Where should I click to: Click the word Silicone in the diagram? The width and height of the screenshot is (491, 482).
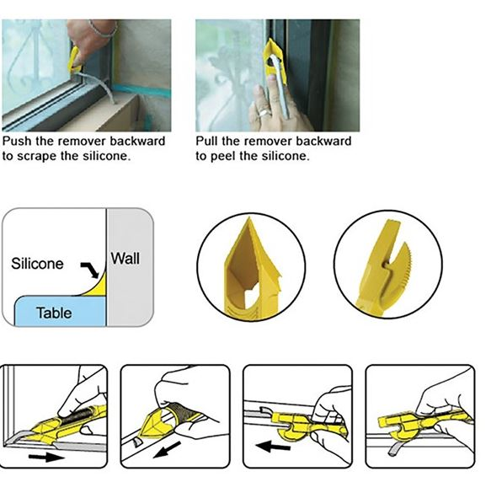37,264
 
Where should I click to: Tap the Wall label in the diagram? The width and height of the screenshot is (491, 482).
125,259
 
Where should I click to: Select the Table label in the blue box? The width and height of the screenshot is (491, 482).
54,313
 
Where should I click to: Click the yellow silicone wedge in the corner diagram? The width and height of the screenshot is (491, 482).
99,287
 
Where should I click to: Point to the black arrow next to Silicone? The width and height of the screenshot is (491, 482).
90,270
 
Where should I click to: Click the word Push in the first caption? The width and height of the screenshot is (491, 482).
17,141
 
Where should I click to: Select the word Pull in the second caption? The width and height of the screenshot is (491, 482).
206,141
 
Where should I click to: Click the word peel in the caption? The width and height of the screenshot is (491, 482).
222,156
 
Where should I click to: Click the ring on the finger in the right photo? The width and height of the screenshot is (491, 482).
264,113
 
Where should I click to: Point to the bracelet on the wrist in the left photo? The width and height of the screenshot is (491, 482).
103,29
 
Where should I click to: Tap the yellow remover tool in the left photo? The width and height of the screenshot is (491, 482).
75,59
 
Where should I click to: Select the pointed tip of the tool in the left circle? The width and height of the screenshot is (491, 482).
249,218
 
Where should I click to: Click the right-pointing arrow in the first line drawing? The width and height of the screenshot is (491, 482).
46,458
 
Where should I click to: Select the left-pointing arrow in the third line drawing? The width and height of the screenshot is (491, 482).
272,446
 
